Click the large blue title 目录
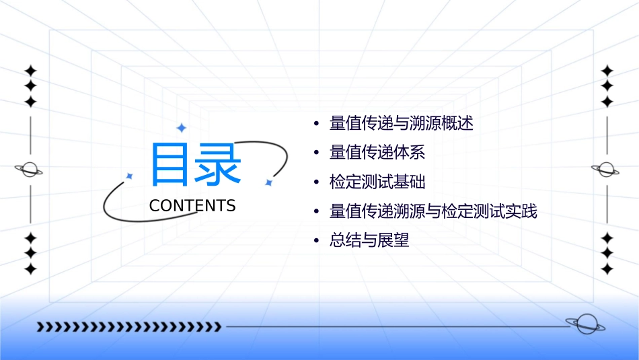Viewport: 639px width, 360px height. [x=195, y=165]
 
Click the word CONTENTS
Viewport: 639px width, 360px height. [x=192, y=206]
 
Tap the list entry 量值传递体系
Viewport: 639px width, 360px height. [x=377, y=153]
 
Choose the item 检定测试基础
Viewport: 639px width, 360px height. [x=377, y=182]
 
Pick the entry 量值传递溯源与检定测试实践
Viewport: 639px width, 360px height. [x=433, y=211]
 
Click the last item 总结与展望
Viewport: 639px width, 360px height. [x=369, y=240]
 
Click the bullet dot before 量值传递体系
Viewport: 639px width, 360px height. [x=316, y=153]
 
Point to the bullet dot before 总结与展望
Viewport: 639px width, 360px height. [x=316, y=241]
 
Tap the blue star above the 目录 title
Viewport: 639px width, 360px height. [x=181, y=127]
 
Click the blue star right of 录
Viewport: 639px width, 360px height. [x=268, y=182]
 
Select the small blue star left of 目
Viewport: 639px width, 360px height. [x=129, y=176]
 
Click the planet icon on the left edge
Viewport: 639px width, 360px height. [x=30, y=170]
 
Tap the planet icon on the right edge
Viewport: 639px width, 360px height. [x=606, y=170]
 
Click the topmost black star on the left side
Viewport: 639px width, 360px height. [x=30, y=71]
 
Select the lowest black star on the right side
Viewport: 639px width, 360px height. [x=607, y=269]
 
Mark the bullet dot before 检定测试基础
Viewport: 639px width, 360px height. [x=316, y=182]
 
